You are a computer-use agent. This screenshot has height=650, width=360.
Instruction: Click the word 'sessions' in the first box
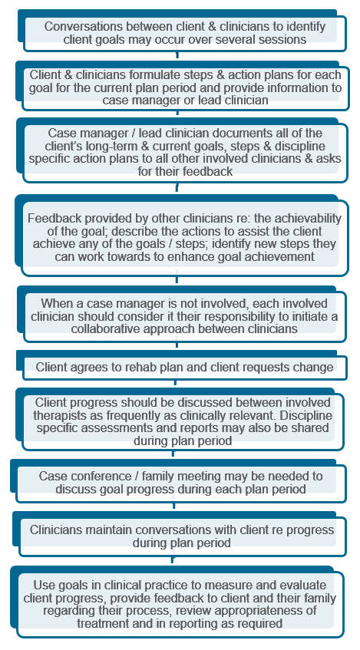(282, 39)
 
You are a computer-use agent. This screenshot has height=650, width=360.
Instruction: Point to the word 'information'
(299, 87)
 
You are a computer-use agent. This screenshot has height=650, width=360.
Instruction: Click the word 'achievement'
(284, 256)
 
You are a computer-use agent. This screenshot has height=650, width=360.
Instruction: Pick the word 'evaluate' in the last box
(304, 585)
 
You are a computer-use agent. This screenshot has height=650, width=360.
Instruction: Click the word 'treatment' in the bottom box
(102, 622)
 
